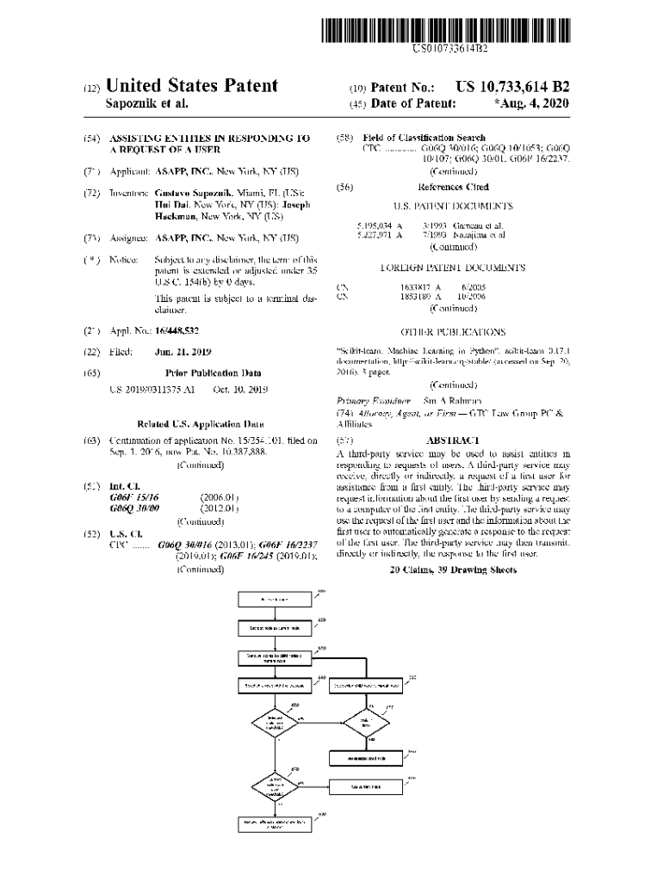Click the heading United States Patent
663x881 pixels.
pos(191,86)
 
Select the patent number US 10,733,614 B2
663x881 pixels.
pos(512,87)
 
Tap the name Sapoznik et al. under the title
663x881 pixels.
pos(146,104)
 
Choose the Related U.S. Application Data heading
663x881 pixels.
pos(200,424)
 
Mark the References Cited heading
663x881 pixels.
pos(453,187)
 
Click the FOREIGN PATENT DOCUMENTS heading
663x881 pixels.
pos(453,268)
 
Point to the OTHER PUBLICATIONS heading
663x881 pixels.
pos(453,331)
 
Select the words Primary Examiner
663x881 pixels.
pos(369,401)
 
